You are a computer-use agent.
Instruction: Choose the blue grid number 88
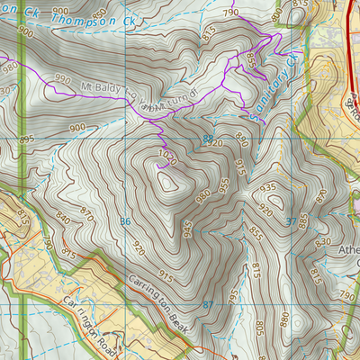208,139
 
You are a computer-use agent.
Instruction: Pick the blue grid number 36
125,220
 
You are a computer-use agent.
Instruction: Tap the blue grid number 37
290,220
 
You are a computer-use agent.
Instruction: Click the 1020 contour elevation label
165,154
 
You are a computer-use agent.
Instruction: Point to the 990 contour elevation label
62,80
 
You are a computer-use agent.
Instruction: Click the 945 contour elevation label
186,229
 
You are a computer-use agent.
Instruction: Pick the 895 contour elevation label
25,139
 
